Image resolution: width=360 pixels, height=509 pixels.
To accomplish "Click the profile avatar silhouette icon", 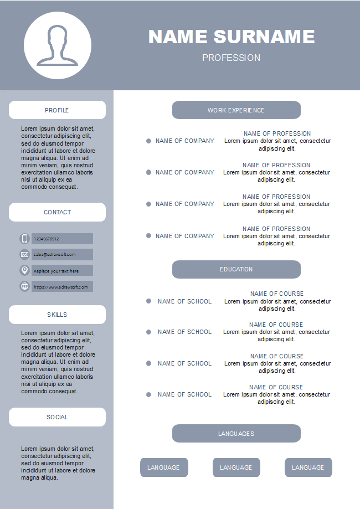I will click(x=58, y=45).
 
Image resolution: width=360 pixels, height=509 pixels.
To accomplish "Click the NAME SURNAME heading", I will click(x=232, y=37).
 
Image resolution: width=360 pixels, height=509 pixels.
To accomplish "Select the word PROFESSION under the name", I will click(x=231, y=58).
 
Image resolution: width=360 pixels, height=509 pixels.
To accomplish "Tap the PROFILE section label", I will click(x=57, y=110).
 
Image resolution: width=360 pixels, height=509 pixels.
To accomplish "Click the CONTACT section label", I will click(x=57, y=212).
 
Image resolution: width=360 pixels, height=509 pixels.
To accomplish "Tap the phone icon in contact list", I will click(x=24, y=239).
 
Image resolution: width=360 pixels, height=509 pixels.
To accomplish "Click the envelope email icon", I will click(x=24, y=254).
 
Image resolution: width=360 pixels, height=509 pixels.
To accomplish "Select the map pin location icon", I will click(x=24, y=270).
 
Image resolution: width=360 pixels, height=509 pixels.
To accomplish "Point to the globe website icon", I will click(x=24, y=286).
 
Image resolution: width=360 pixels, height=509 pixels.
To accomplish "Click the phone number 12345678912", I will click(x=47, y=239).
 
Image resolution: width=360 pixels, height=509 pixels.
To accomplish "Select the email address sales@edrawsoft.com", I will click(x=54, y=254).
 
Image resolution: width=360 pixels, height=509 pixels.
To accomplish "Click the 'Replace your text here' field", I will click(x=56, y=271).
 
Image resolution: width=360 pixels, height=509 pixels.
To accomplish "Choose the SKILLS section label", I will click(x=57, y=315).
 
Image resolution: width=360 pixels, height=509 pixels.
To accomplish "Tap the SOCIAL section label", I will click(x=57, y=417).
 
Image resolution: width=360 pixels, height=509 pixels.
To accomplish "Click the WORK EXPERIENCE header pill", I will click(x=236, y=110).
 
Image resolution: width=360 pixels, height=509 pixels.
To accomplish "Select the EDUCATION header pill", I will click(x=236, y=269).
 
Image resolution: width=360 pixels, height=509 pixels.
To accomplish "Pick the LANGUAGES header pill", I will click(x=236, y=434).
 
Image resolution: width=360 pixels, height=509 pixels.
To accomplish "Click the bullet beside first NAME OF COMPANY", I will click(x=148, y=141).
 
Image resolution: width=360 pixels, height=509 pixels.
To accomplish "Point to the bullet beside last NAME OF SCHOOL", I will click(x=148, y=394).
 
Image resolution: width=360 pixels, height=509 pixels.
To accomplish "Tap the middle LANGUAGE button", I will click(x=236, y=467).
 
